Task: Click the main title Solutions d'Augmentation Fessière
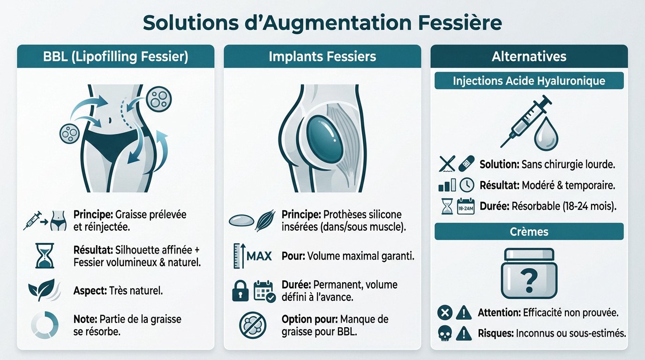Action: (x=322, y=22)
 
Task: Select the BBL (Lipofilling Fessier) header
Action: (x=115, y=57)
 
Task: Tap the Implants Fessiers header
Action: (x=322, y=57)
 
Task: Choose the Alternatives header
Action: (x=529, y=57)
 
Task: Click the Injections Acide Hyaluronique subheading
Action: (x=529, y=81)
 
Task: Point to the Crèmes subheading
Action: (x=529, y=232)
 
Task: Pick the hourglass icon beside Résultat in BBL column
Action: (x=45, y=256)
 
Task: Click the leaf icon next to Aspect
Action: (x=41, y=291)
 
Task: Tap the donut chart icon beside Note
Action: (x=45, y=325)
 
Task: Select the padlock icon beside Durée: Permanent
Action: (x=239, y=292)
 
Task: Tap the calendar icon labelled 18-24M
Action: (x=465, y=206)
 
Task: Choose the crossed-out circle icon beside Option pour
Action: (x=252, y=324)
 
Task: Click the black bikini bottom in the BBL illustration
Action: (x=112, y=141)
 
